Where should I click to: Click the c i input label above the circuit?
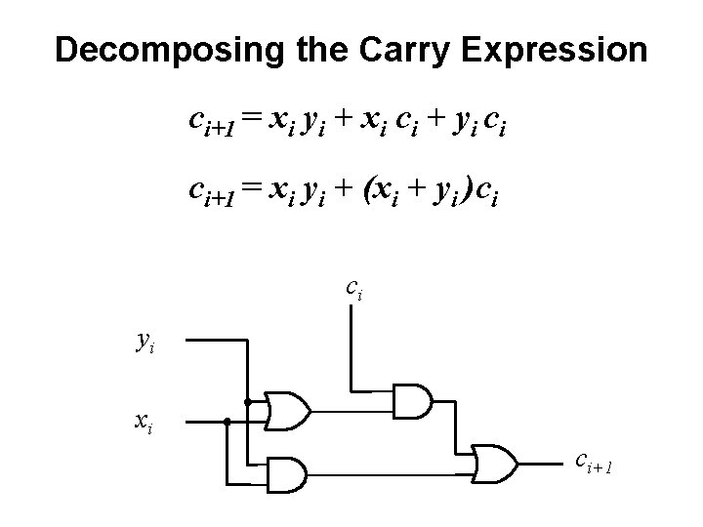(354, 289)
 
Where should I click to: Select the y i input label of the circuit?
(144, 342)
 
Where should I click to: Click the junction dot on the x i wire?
(226, 423)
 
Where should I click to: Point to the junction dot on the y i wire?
(248, 401)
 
